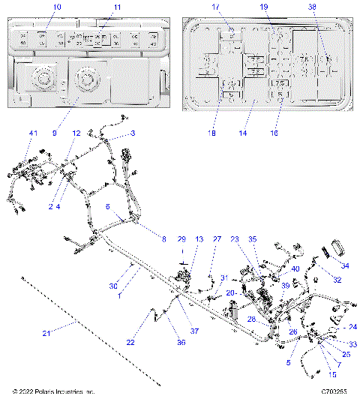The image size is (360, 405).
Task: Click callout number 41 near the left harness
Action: click(x=33, y=133)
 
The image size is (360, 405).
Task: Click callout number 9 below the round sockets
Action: click(x=54, y=133)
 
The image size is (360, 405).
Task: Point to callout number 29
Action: click(x=181, y=238)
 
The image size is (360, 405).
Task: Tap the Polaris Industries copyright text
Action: click(x=54, y=391)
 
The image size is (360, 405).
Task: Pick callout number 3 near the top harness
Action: click(x=133, y=133)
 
